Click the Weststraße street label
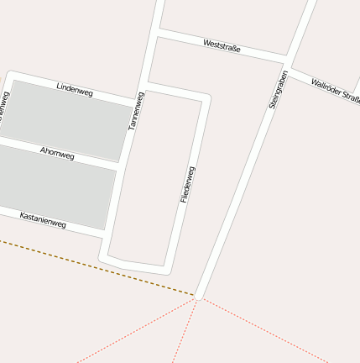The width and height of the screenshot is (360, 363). (x=222, y=45)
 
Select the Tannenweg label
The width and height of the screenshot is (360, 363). (x=136, y=111)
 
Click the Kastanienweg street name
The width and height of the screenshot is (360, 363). (x=43, y=220)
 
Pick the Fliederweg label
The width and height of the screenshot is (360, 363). (x=188, y=184)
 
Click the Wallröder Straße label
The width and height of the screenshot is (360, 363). (x=335, y=89)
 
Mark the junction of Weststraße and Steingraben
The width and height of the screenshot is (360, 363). (x=287, y=63)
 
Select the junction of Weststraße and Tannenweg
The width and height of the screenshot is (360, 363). (x=157, y=33)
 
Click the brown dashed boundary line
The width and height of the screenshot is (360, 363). (x=92, y=266)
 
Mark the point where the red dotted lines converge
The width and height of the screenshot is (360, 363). (x=198, y=297)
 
